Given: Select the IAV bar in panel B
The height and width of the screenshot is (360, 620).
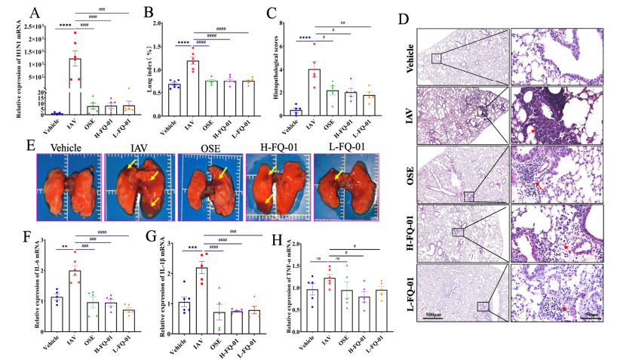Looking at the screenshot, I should pos(192,88).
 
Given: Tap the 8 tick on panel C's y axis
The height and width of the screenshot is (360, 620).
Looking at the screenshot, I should pos(282,23).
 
